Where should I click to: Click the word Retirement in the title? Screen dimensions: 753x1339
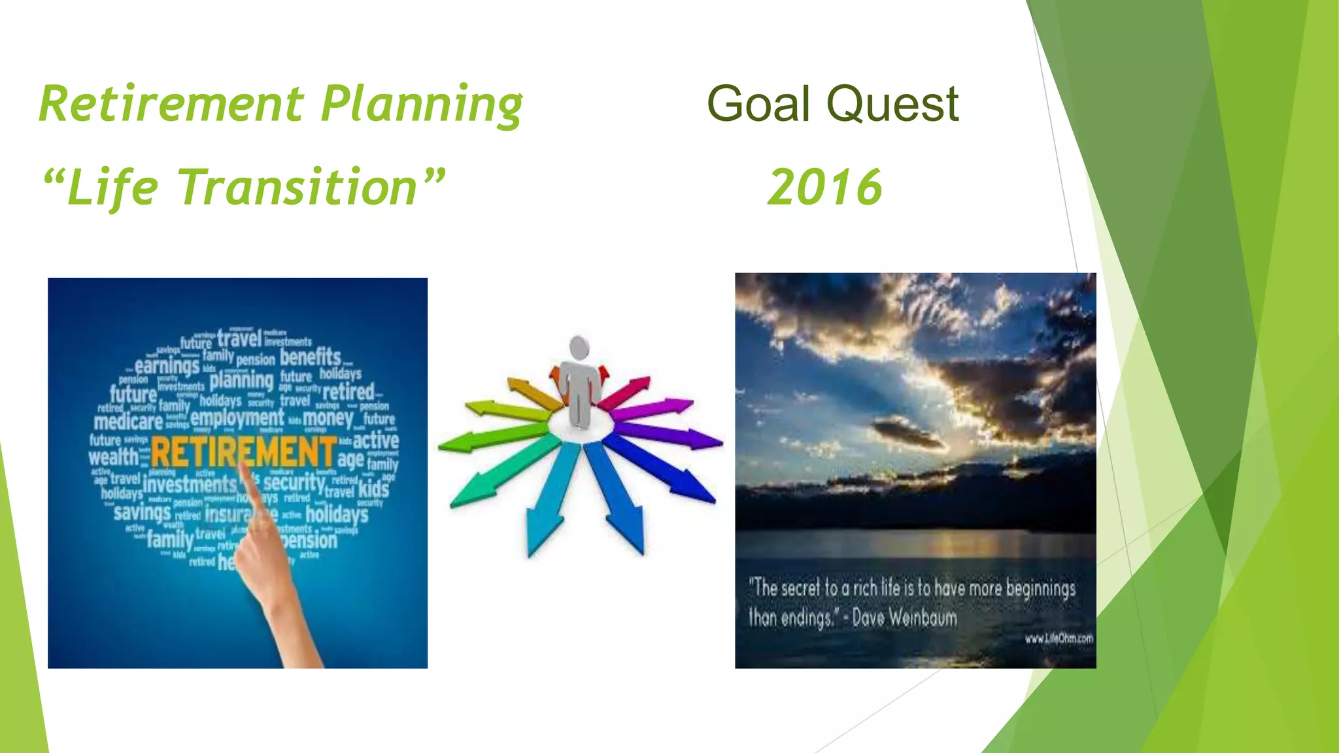171,105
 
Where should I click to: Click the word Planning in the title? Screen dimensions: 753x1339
422,106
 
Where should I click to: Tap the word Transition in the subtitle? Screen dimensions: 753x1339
297,188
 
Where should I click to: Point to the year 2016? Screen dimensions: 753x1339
825,188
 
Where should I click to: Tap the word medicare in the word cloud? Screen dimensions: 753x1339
128,422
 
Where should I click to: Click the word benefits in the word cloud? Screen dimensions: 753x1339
311,358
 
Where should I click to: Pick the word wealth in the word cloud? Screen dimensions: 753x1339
114,457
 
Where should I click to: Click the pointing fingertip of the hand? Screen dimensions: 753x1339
242,465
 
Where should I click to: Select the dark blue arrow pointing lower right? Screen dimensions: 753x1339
660,471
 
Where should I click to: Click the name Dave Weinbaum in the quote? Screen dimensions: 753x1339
904,618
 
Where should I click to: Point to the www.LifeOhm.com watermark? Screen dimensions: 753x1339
1059,639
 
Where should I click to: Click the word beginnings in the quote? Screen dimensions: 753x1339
1040,588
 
